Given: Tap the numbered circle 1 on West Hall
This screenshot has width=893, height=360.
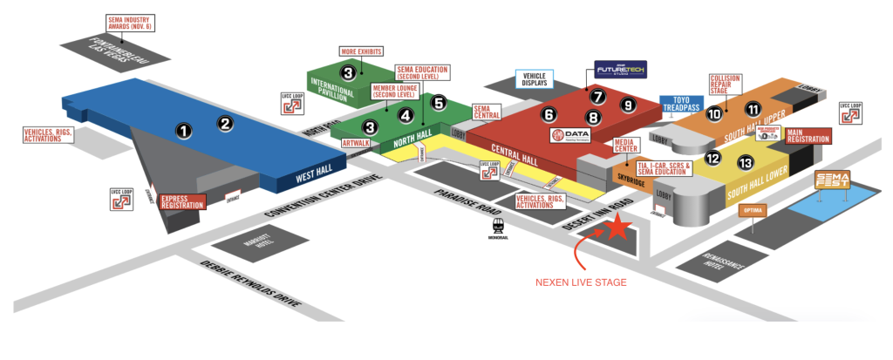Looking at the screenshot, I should (183, 131).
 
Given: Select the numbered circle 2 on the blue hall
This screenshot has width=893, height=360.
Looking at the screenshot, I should (225, 124).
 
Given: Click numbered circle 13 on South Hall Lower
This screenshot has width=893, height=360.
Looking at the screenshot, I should (745, 161).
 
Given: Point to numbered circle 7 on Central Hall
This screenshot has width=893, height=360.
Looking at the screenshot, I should (597, 96).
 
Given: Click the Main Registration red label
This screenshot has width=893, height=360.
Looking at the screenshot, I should (808, 136).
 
